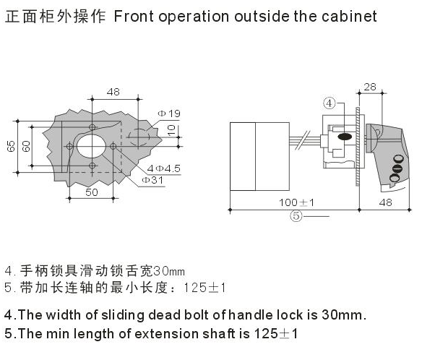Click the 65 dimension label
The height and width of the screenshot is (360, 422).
(x=11, y=146)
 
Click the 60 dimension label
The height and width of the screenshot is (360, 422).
(x=26, y=146)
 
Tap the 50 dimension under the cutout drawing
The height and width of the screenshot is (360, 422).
(x=92, y=192)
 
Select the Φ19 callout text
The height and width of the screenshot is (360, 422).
(x=169, y=113)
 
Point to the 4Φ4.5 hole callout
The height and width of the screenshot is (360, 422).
(x=163, y=168)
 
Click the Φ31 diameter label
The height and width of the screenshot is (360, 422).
(x=152, y=180)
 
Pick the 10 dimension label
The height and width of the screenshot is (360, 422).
(x=171, y=130)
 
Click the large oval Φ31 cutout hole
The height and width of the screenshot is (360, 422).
(x=91, y=146)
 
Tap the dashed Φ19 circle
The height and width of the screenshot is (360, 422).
(x=139, y=137)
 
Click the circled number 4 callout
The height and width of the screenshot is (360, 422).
(x=330, y=103)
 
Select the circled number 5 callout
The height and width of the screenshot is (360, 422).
(x=296, y=216)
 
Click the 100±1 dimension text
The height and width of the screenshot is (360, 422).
(x=296, y=202)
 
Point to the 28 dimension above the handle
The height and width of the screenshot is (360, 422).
(x=370, y=87)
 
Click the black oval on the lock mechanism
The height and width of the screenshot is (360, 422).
(x=345, y=137)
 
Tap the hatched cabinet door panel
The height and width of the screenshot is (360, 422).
(x=358, y=147)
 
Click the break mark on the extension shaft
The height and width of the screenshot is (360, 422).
(x=303, y=140)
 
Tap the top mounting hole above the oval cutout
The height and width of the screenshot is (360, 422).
(x=92, y=127)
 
